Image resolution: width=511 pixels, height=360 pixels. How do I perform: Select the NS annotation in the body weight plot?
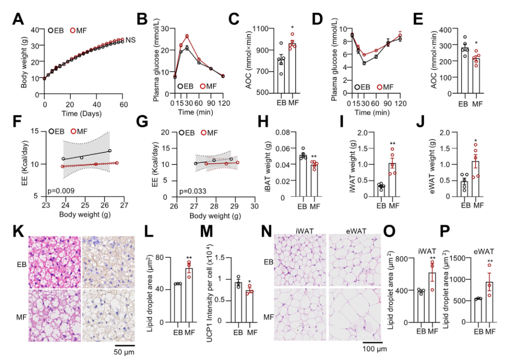click(x=130, y=40)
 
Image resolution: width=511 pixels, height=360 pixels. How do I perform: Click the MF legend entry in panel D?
click(x=389, y=87)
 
